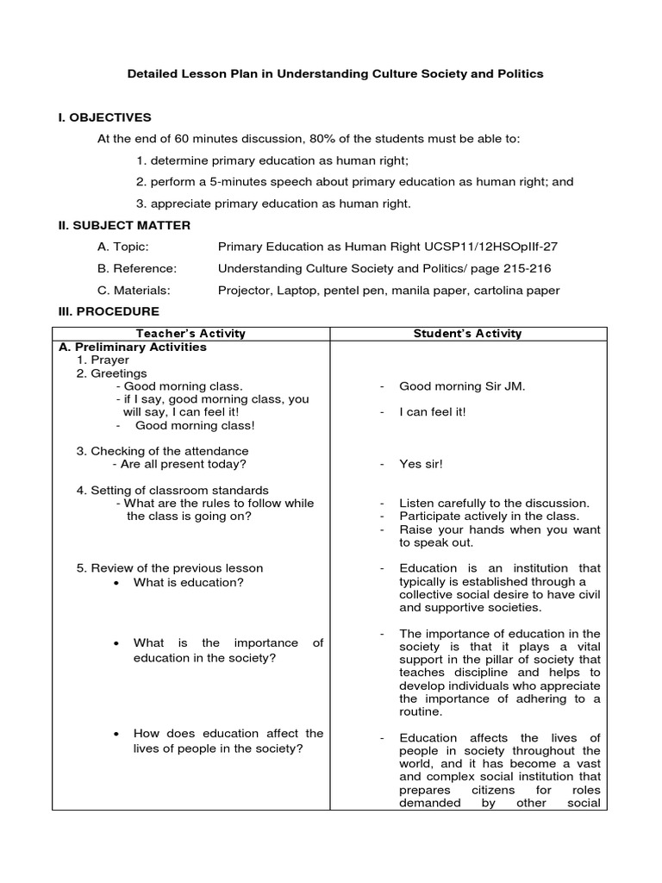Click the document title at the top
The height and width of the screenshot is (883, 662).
point(335,74)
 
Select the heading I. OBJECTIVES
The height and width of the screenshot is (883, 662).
point(103,117)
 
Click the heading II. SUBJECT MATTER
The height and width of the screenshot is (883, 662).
point(123,225)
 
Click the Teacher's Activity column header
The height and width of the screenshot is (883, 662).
point(191,334)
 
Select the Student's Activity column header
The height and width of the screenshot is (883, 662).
point(467,334)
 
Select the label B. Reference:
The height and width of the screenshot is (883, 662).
point(137,268)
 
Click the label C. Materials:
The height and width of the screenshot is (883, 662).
point(134,290)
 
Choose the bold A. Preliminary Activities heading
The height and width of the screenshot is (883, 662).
point(133,348)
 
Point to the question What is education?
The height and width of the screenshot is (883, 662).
point(188,582)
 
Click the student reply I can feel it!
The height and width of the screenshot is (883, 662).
point(433,412)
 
